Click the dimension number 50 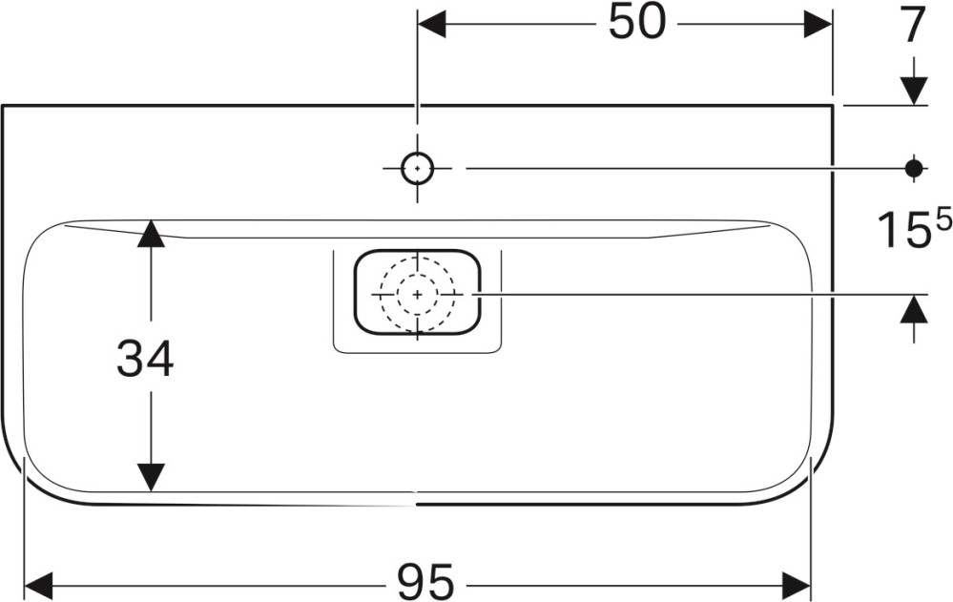(x=637, y=24)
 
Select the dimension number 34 (x=145, y=358)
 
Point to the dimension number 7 (x=914, y=26)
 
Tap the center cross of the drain (x=417, y=294)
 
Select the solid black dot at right (x=914, y=168)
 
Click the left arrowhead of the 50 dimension (x=431, y=24)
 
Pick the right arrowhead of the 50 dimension (x=818, y=24)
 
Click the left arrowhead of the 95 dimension (x=38, y=586)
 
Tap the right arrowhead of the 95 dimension (x=798, y=586)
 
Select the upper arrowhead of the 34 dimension (x=151, y=233)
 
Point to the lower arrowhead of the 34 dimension (x=151, y=477)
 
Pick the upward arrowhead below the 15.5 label (x=914, y=309)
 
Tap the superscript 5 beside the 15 (x=943, y=221)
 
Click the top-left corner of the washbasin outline (x=3, y=106)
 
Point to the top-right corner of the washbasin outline (x=833, y=106)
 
